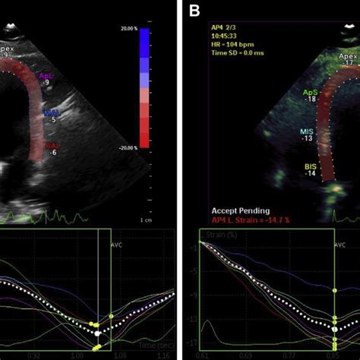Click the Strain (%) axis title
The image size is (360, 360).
point(221,237)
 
